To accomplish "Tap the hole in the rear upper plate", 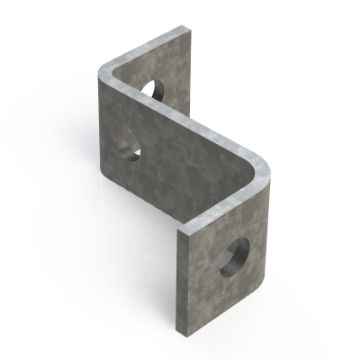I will pyautogui.click(x=155, y=88).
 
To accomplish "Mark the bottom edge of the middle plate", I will pyautogui.click(x=150, y=200).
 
